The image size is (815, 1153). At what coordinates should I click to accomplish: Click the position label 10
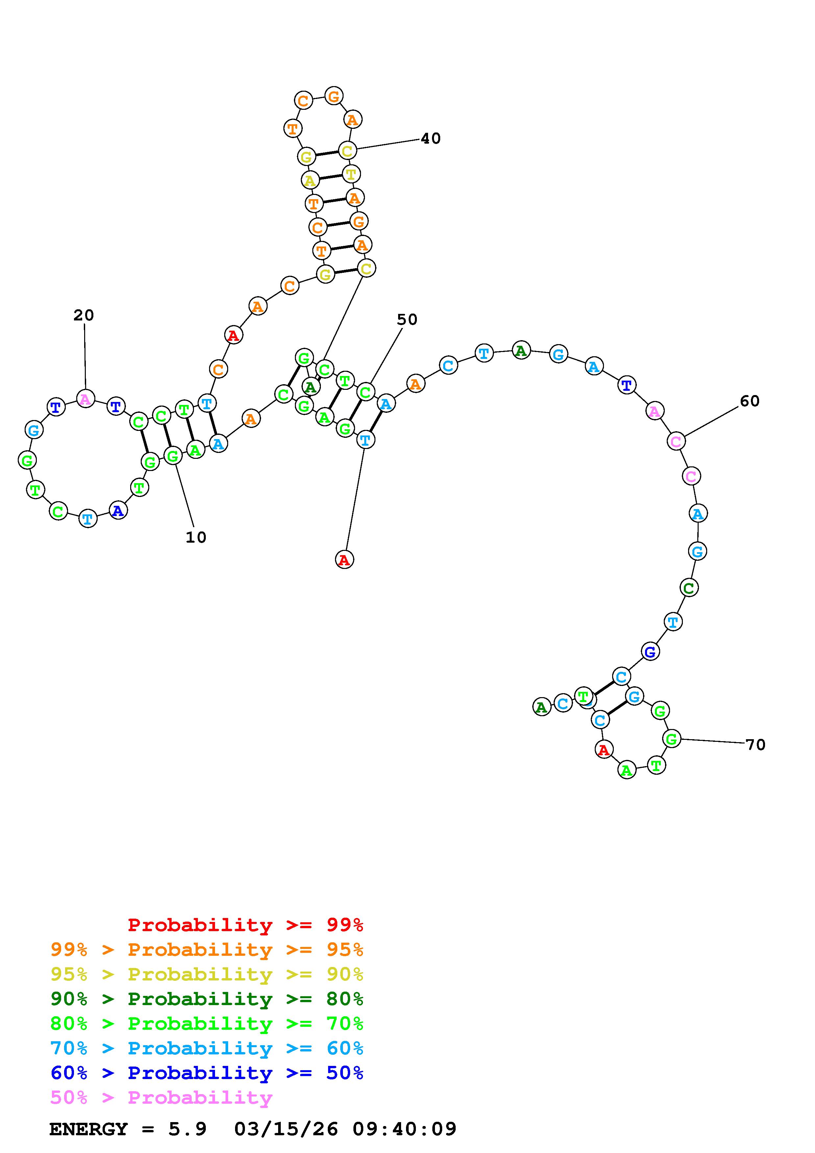[196, 537]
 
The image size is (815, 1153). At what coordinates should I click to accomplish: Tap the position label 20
[84, 316]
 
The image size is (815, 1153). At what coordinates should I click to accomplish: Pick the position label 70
[755, 745]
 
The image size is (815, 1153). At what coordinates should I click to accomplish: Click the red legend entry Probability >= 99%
[246, 925]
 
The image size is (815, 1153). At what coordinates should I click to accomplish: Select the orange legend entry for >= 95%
[207, 950]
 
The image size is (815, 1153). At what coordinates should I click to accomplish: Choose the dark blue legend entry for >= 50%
[207, 1073]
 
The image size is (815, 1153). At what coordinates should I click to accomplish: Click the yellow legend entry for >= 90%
[207, 974]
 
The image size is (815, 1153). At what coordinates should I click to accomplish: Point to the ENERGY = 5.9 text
[128, 1129]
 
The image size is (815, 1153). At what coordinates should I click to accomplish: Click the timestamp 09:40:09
[404, 1129]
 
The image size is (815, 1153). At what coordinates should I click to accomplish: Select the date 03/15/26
[286, 1129]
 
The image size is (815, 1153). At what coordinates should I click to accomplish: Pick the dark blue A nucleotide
[118, 511]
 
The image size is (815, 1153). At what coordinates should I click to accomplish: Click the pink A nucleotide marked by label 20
[85, 399]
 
